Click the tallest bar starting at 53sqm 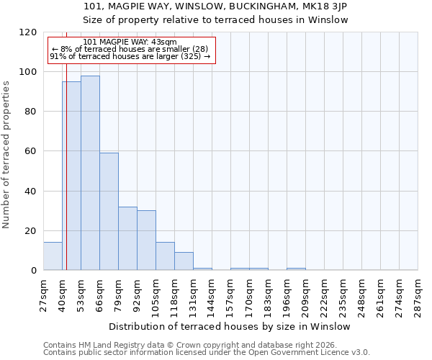[x=90, y=173]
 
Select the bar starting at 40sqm [x=71, y=176]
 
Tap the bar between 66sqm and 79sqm [x=109, y=212]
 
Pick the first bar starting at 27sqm [x=53, y=256]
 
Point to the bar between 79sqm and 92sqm [x=127, y=238]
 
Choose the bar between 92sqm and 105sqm [x=146, y=240]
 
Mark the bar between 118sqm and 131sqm [x=184, y=261]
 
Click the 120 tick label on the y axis [x=27, y=32]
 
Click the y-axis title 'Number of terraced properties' [x=6, y=155]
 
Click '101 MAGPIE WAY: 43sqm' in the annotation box [x=130, y=42]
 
